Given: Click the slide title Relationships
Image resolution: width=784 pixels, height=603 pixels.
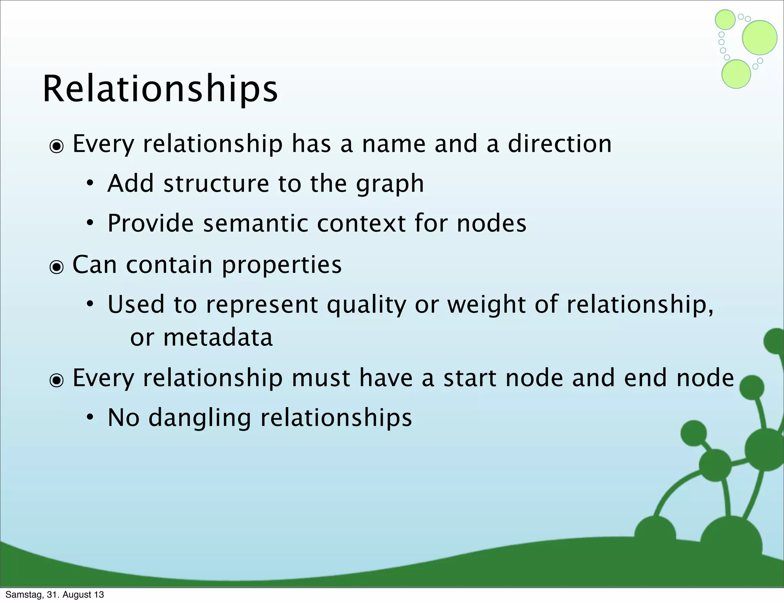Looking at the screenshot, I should click(160, 89).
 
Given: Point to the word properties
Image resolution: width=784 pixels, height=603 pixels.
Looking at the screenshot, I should click(281, 265).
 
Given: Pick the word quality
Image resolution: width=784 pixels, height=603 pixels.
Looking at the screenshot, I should click(366, 305).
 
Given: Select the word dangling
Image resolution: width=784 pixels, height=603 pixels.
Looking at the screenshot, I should click(199, 417).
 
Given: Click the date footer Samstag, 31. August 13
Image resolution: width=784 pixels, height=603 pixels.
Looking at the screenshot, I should click(55, 595).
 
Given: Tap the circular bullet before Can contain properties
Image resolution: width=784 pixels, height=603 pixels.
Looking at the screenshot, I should click(57, 267).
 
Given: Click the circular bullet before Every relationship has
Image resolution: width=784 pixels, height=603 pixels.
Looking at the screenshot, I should click(57, 146).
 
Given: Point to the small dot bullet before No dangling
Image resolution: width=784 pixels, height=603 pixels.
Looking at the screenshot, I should click(90, 418).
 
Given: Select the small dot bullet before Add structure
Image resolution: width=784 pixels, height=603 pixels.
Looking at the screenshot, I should click(90, 184).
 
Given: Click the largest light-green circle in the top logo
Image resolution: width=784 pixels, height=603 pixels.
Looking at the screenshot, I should click(759, 37).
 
